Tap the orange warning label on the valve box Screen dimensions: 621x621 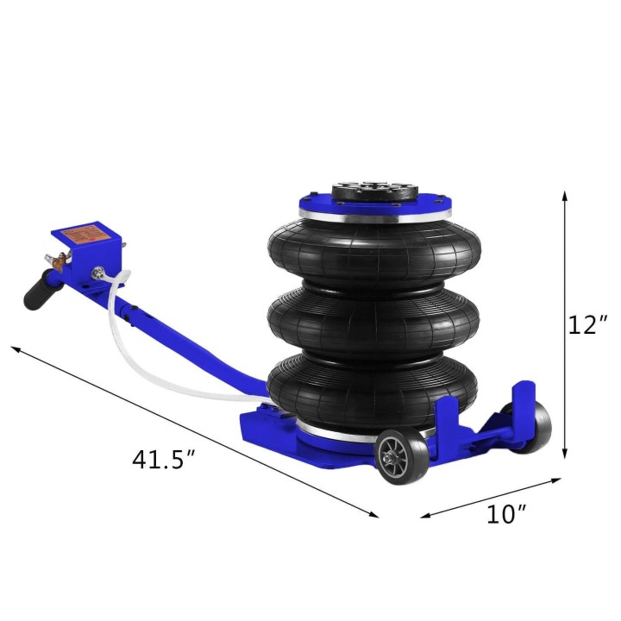[x=85, y=234]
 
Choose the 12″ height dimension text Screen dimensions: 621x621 [x=589, y=324]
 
